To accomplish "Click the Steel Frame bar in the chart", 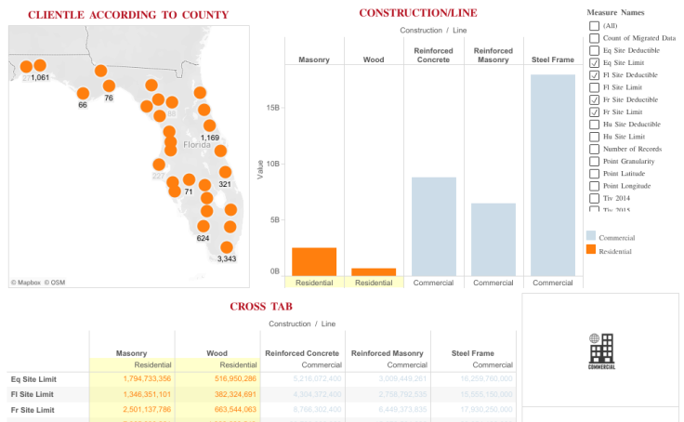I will click(x=553, y=175).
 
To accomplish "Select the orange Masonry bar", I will click(x=314, y=261).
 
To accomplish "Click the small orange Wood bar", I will click(x=374, y=271).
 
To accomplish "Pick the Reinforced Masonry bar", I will click(x=493, y=239).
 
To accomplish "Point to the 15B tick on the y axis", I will click(x=272, y=108).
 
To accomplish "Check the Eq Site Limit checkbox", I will click(x=594, y=62).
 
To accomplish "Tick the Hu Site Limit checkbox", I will click(x=594, y=137).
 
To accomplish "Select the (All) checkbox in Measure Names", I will click(x=594, y=25).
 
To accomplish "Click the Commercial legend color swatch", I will click(x=591, y=237).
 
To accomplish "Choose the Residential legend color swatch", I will click(x=591, y=250).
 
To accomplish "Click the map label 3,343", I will click(x=227, y=259).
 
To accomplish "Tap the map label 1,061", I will click(x=40, y=78).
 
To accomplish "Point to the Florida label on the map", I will click(x=197, y=145).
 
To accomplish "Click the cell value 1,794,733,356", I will click(x=133, y=379).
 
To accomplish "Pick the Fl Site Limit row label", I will click(x=32, y=394).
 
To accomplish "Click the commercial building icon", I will click(x=600, y=349).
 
